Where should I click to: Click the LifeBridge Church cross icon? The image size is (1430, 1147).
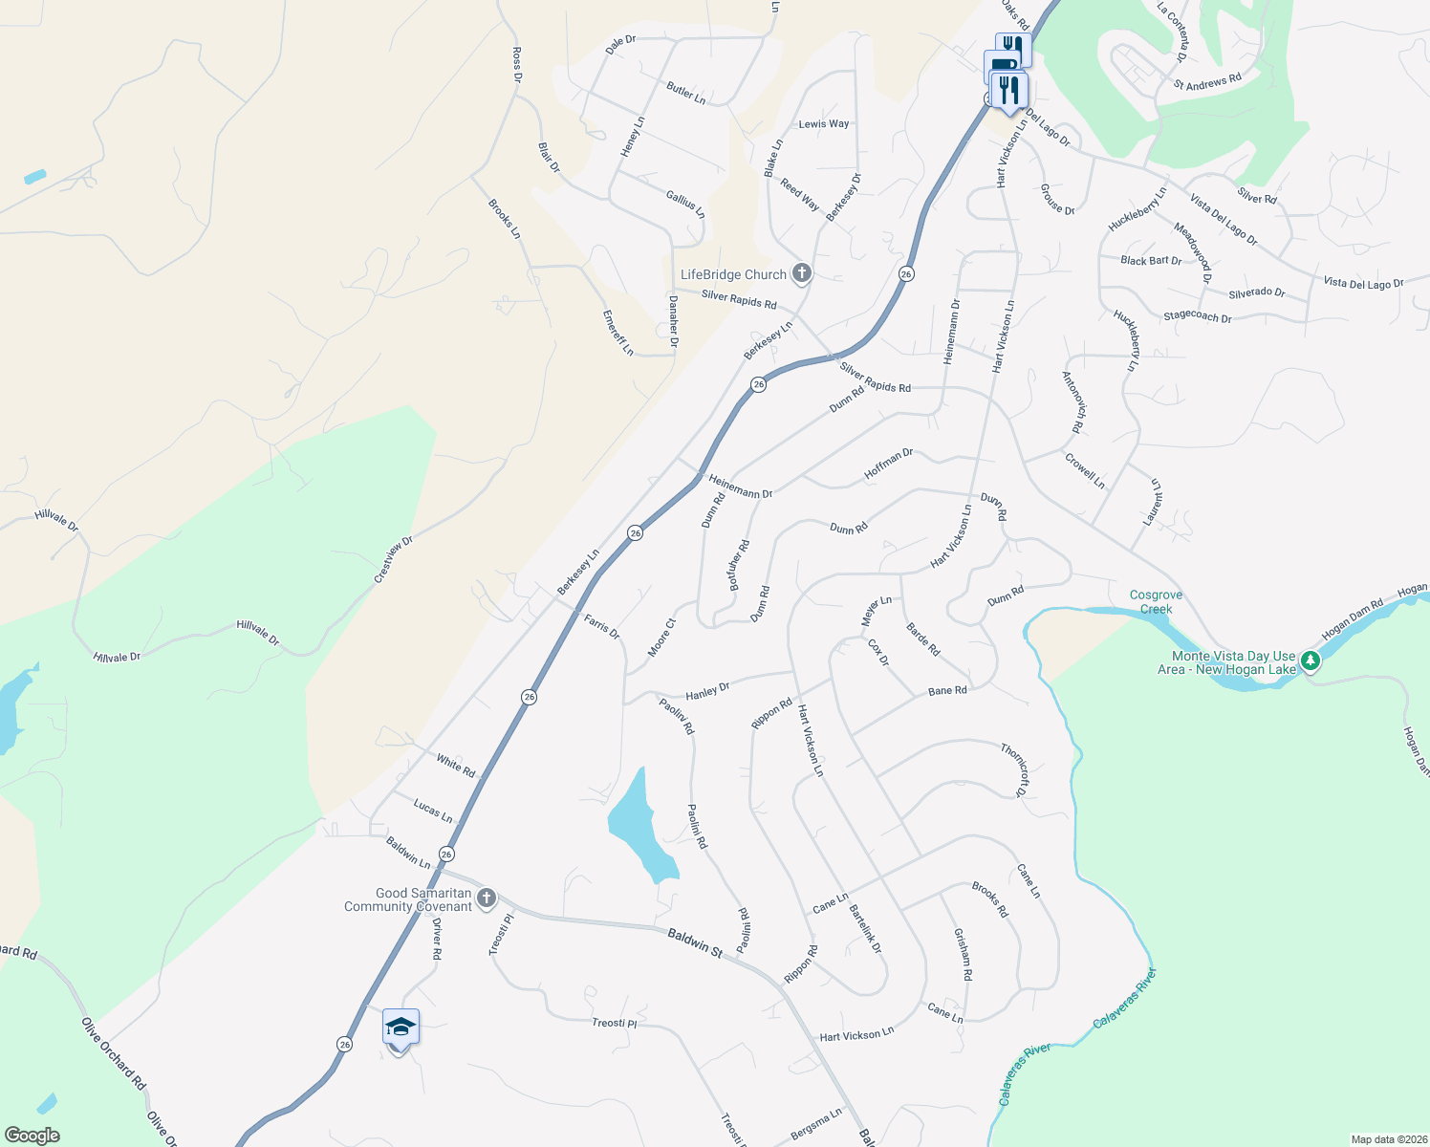(x=801, y=274)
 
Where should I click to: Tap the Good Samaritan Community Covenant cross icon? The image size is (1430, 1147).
(x=486, y=898)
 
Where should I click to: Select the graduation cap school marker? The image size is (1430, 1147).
(x=401, y=1028)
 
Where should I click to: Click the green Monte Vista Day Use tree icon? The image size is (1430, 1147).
(x=1311, y=661)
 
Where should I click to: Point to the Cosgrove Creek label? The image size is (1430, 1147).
(x=1156, y=601)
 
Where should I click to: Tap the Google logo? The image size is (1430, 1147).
(x=32, y=1136)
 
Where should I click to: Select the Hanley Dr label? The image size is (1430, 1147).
(x=707, y=690)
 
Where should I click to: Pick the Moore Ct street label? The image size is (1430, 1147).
(x=661, y=638)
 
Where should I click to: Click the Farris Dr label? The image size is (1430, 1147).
(x=602, y=627)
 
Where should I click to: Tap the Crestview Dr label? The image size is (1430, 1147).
(x=393, y=559)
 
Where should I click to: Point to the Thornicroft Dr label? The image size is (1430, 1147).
(x=1015, y=769)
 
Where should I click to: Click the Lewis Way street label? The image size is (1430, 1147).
(x=823, y=124)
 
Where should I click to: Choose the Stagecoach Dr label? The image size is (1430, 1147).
(x=1197, y=316)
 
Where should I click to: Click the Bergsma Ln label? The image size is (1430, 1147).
(x=816, y=1125)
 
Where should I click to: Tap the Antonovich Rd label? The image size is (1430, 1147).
(x=1074, y=402)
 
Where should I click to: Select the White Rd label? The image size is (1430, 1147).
(x=455, y=765)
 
